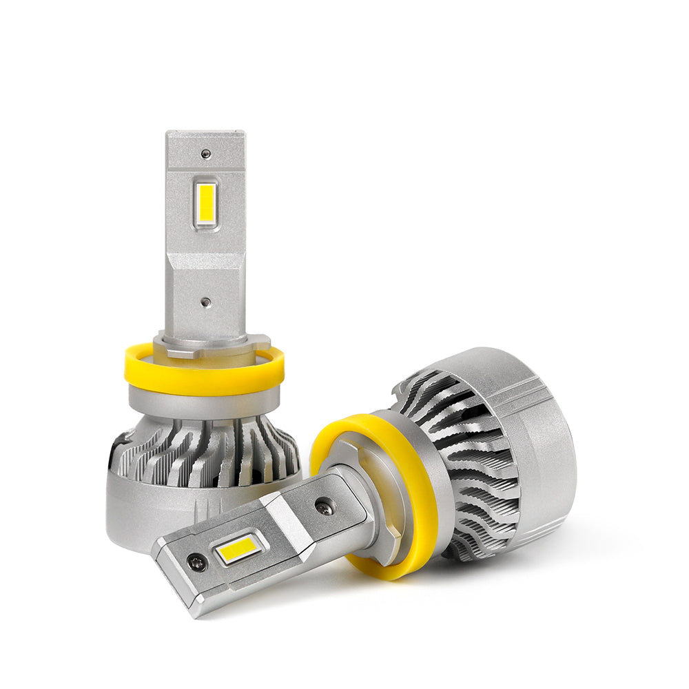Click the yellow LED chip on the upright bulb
[x=205, y=204]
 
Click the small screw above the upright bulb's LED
[x=206, y=154]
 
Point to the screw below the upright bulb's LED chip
[x=205, y=302]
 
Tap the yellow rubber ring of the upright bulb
[x=204, y=378]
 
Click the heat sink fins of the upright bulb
[x=207, y=451]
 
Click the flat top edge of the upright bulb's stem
[x=205, y=133]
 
